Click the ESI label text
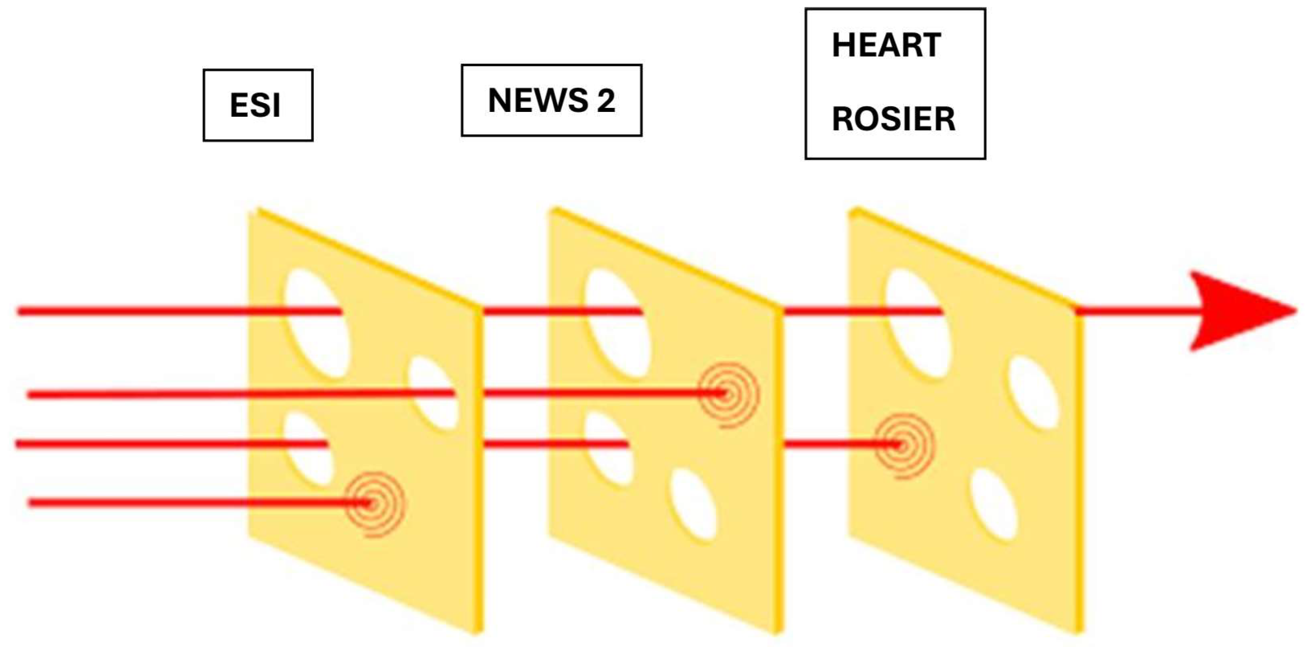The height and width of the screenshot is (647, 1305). point(255,105)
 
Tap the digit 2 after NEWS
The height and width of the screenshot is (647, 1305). point(606,100)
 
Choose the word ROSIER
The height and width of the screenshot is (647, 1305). point(894,119)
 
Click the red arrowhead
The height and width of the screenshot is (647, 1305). point(1236,311)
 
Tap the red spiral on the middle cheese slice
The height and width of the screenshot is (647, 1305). point(727,394)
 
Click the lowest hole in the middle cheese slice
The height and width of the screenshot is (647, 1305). point(694,504)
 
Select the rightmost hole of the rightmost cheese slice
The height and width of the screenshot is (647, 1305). point(1033,393)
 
